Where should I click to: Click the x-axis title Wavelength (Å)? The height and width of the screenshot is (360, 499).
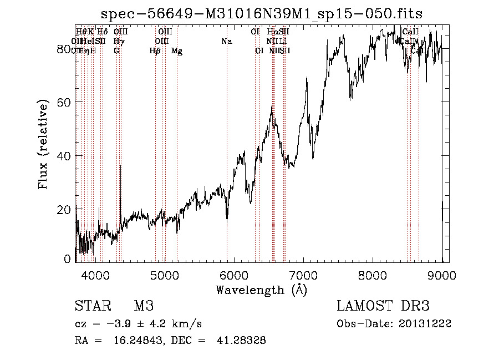pyautogui.click(x=261, y=289)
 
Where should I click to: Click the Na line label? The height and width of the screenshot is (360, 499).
pyautogui.click(x=226, y=41)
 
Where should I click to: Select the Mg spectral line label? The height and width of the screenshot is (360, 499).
pyautogui.click(x=177, y=50)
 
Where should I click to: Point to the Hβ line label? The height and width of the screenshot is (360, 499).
pyautogui.click(x=155, y=50)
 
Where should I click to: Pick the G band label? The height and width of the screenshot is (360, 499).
pyautogui.click(x=116, y=50)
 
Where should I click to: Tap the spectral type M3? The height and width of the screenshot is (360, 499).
pyautogui.click(x=143, y=306)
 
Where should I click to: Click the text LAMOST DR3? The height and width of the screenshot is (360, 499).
pyautogui.click(x=383, y=306)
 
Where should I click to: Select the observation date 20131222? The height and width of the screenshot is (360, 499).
pyautogui.click(x=426, y=324)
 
